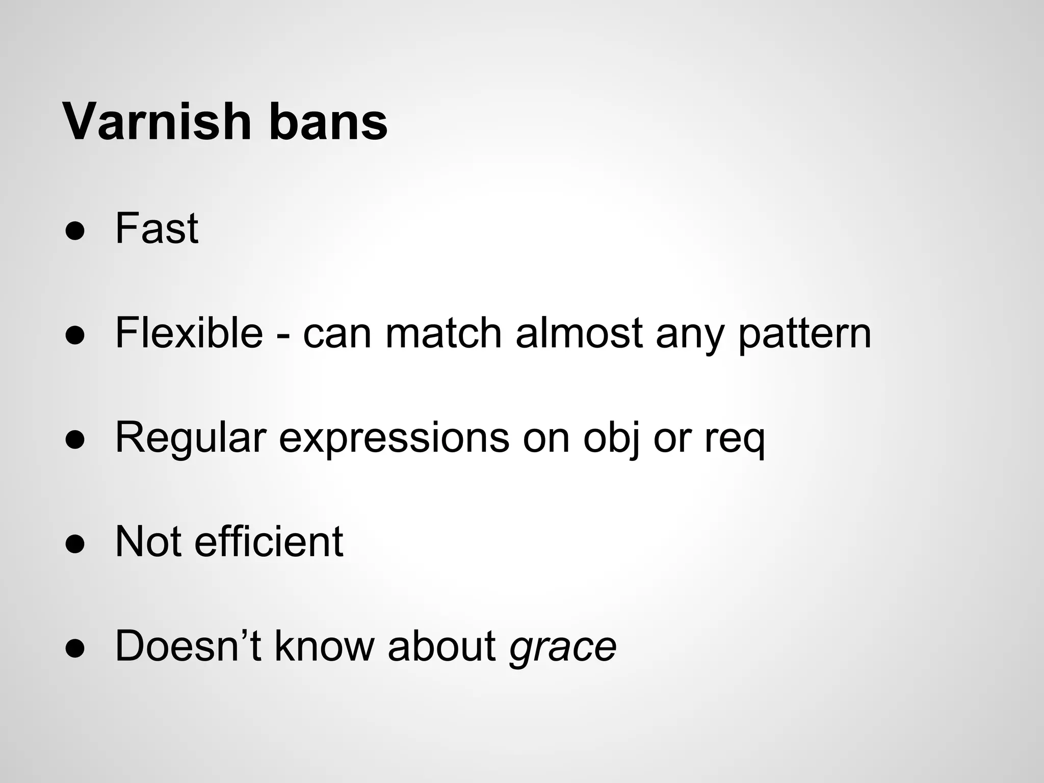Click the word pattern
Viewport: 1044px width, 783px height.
[x=804, y=334]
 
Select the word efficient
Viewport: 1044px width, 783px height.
[x=269, y=541]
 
